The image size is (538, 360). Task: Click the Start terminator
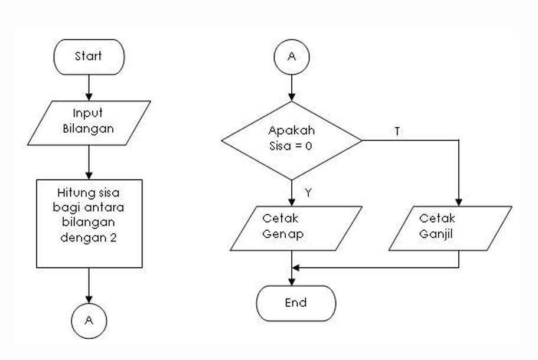(x=89, y=57)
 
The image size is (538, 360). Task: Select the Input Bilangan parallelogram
(x=89, y=122)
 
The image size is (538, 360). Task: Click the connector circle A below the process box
(x=89, y=320)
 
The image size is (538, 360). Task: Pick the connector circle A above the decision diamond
(x=291, y=57)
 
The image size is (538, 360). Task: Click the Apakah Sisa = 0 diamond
(x=291, y=140)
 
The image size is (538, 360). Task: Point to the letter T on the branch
(x=397, y=131)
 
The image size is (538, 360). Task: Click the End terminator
(x=295, y=303)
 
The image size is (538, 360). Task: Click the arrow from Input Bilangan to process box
(x=89, y=162)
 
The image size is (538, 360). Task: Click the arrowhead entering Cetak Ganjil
(x=459, y=201)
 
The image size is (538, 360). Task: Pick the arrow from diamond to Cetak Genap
(x=292, y=192)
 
